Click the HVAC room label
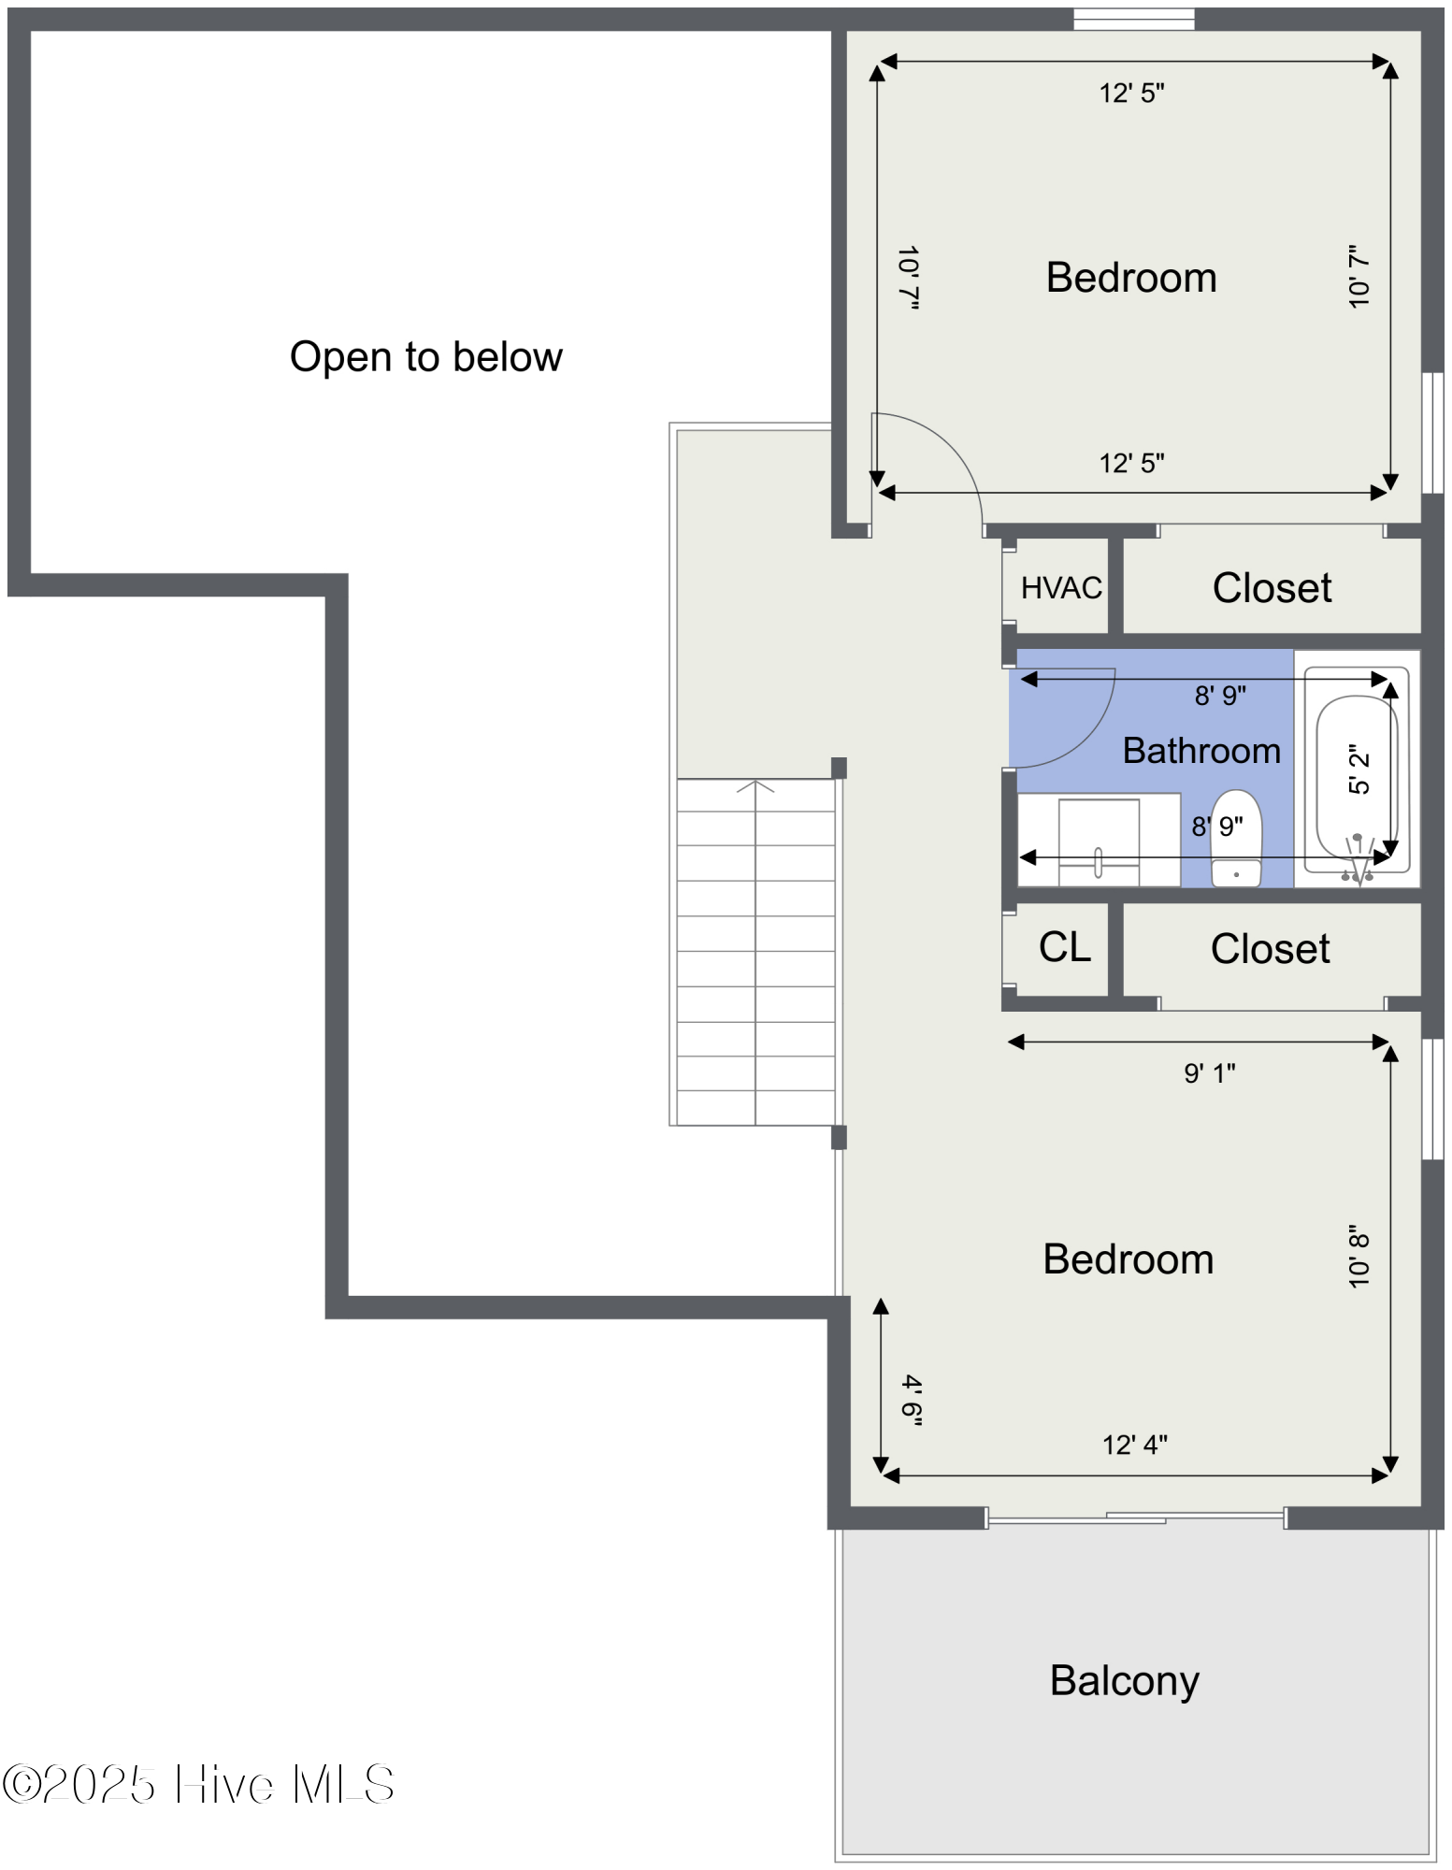(x=1061, y=588)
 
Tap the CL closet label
(x=1065, y=947)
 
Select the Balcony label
(x=1124, y=1680)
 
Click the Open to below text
(x=425, y=357)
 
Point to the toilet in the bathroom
(x=1236, y=839)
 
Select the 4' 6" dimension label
(x=912, y=1400)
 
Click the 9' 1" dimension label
(x=1210, y=1072)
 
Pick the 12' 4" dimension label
(x=1134, y=1445)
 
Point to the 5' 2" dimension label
(x=1359, y=769)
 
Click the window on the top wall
(x=1133, y=19)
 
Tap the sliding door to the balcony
(x=1136, y=1518)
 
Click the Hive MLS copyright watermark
(x=198, y=1784)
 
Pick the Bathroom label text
(x=1201, y=751)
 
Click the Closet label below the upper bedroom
(x=1272, y=588)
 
